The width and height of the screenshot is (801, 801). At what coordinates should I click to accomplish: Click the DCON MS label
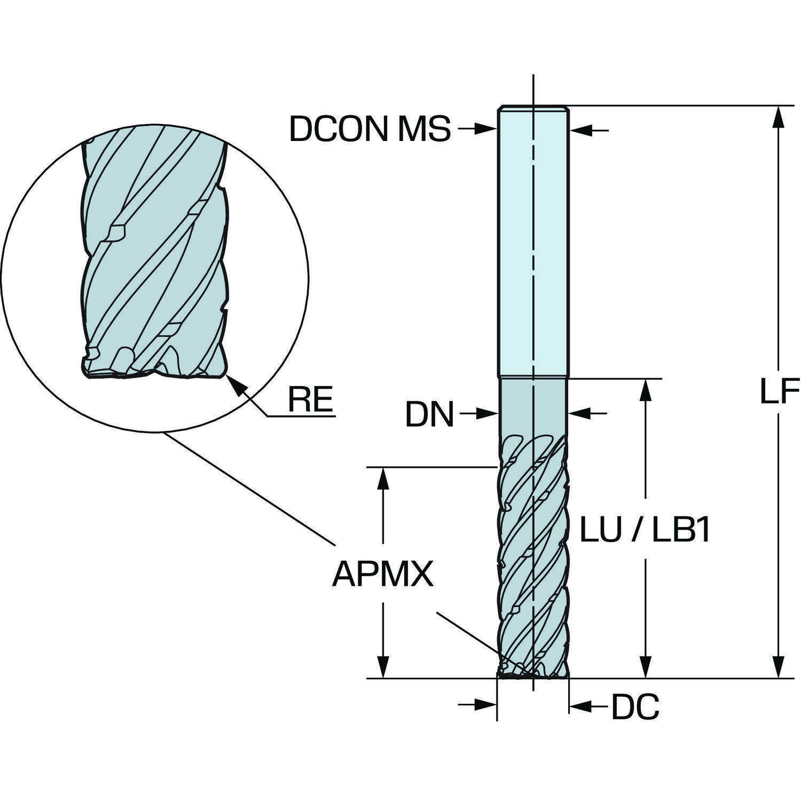tap(370, 129)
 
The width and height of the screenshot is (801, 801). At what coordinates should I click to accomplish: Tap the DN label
tap(429, 414)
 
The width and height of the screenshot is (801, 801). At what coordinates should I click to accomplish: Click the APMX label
tap(382, 575)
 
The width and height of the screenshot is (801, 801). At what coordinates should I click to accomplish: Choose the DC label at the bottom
tap(635, 708)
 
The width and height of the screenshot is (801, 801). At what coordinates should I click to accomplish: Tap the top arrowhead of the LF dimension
tap(779, 114)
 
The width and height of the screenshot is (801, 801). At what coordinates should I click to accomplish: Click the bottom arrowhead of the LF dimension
tap(779, 670)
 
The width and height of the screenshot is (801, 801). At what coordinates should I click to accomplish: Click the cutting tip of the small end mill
tap(533, 674)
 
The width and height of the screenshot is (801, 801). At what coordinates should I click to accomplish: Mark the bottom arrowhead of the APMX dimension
tap(382, 670)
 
